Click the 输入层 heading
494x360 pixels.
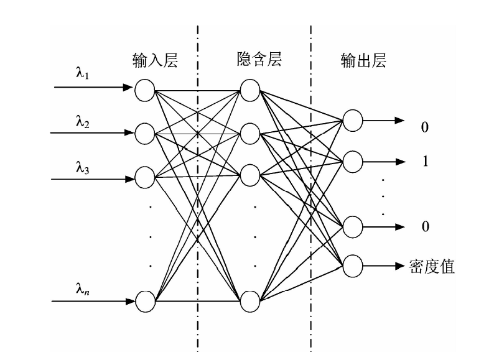156,60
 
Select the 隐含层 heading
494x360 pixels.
259,59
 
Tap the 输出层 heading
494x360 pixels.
363,60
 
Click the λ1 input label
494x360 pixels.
83,74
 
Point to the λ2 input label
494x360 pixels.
83,122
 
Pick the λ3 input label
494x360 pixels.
83,168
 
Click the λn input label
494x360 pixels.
83,289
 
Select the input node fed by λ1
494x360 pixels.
145,90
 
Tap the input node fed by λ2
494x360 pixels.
145,134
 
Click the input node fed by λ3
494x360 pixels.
145,177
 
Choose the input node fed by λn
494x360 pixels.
145,302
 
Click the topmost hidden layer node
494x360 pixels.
250,90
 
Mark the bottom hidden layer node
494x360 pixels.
250,302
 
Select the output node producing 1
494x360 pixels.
353,162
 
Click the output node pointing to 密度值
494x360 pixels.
353,266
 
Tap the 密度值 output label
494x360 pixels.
432,267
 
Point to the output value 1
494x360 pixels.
426,161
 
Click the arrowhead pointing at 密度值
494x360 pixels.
400,266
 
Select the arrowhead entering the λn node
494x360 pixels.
130,302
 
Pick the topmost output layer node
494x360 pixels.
353,121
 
